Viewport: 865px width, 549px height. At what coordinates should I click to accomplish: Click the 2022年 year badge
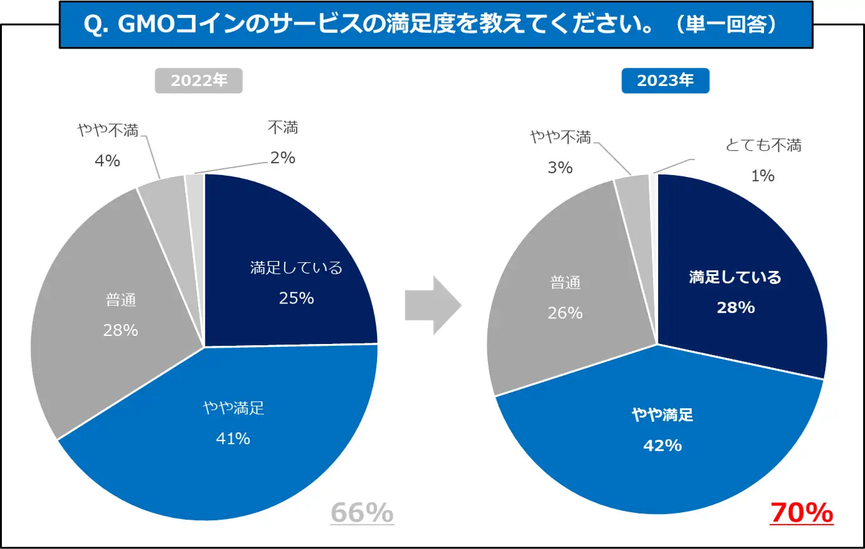(198, 80)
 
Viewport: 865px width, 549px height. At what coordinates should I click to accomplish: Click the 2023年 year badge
(665, 80)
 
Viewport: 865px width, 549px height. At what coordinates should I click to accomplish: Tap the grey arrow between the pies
(432, 306)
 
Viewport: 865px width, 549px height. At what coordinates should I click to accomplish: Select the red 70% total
(801, 513)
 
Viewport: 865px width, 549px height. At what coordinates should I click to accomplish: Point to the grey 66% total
(362, 513)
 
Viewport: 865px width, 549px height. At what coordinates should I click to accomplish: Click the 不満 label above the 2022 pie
(283, 128)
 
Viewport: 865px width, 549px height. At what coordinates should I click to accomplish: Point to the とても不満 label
(763, 146)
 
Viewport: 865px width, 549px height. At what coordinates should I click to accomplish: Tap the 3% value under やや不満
(560, 168)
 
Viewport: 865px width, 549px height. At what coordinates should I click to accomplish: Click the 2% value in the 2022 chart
(282, 158)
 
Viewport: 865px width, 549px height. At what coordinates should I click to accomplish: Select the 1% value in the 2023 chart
(762, 176)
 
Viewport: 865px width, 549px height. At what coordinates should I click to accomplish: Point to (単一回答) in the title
(727, 24)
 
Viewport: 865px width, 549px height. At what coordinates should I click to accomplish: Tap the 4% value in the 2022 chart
(107, 161)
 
